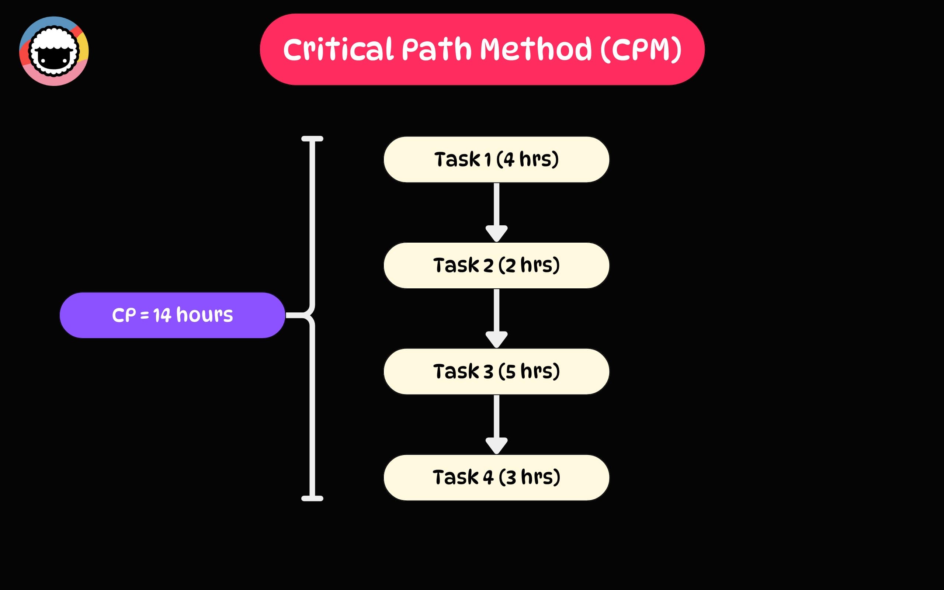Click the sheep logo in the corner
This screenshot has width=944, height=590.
54,51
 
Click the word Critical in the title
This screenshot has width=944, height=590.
338,49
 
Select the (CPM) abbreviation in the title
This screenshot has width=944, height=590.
641,49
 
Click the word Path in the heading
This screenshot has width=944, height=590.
436,49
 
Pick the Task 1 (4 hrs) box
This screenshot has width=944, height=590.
496,159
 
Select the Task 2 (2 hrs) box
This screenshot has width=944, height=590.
496,265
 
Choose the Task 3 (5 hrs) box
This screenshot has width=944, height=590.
496,371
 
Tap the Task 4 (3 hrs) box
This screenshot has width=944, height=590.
496,478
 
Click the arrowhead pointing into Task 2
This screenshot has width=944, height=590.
496,233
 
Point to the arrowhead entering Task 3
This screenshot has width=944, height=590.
496,339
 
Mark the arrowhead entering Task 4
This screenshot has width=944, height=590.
496,445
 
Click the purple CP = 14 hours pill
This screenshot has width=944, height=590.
173,315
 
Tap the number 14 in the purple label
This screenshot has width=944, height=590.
162,315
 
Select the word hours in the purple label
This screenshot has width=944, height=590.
204,315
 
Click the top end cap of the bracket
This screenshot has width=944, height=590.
312,139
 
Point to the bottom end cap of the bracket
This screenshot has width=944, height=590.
312,498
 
